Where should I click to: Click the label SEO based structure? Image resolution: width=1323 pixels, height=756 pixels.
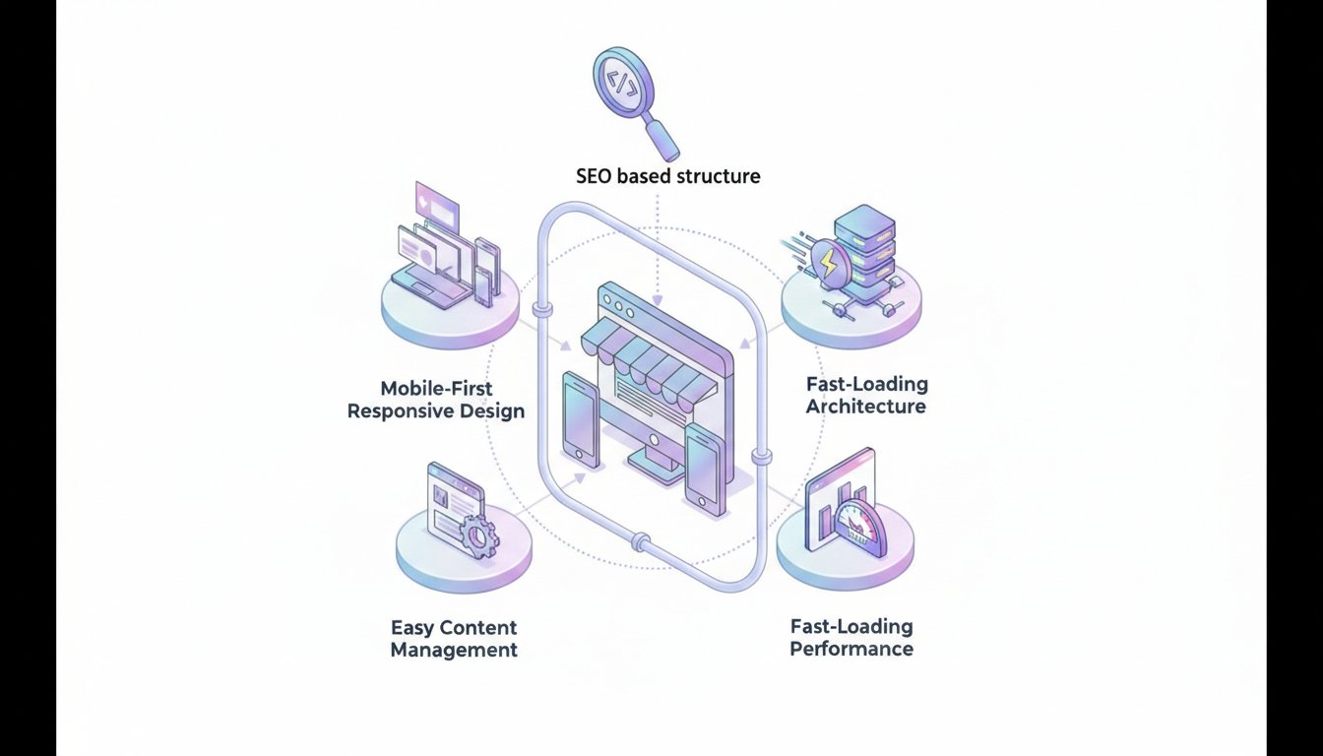(667, 177)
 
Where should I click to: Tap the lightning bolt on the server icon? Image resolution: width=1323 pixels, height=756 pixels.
(830, 263)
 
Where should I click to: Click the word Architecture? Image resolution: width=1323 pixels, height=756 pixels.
(865, 406)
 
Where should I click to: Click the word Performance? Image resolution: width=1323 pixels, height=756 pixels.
(851, 649)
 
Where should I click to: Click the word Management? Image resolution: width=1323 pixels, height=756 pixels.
(454, 650)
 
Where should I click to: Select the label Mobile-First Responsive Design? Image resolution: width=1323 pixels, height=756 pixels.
(435, 399)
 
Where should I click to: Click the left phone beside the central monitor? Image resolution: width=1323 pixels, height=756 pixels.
(581, 418)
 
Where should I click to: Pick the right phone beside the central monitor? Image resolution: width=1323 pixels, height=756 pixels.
(705, 471)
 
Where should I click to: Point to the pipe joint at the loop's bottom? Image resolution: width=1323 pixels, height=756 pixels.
(641, 540)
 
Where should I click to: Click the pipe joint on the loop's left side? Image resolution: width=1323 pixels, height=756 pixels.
(539, 312)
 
